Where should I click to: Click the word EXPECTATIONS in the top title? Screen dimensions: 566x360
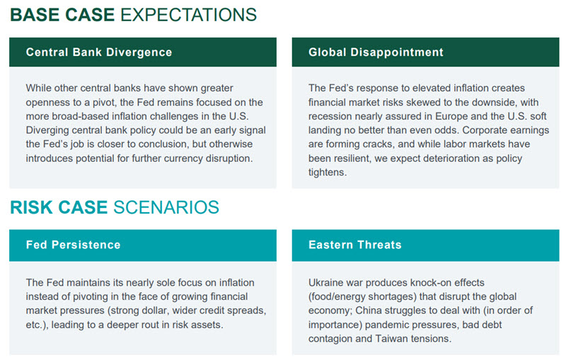(x=188, y=15)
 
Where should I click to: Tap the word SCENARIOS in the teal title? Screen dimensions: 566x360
(x=166, y=207)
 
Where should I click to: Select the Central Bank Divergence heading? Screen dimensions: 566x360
(x=99, y=52)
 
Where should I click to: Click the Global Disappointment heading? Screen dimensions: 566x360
(x=376, y=52)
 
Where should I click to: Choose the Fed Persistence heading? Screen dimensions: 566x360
(x=74, y=245)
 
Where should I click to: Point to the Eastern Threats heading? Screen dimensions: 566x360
(x=355, y=245)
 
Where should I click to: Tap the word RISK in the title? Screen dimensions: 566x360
(x=32, y=207)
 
